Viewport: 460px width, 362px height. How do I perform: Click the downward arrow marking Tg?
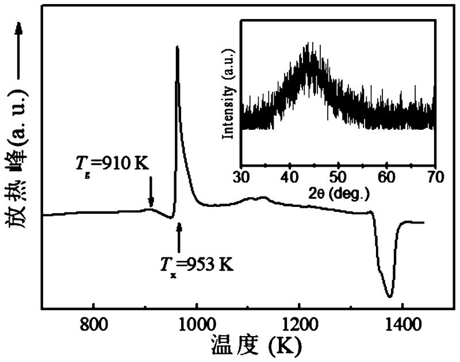click(151, 192)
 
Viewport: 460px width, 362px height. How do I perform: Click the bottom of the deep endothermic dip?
click(390, 296)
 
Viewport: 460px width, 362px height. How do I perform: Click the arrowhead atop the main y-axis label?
click(19, 29)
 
